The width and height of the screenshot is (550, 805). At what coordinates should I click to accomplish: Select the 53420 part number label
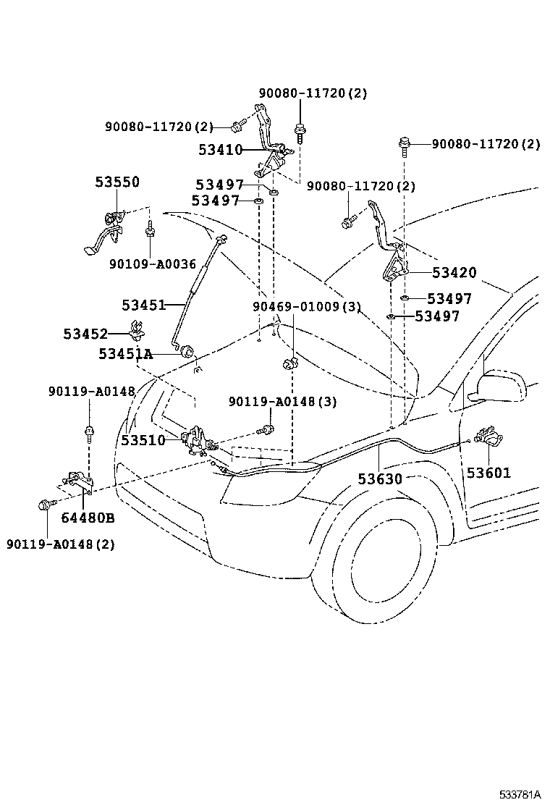(x=454, y=273)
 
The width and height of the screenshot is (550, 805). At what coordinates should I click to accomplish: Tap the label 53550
(x=117, y=182)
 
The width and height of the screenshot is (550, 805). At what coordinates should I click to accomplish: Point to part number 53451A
(x=126, y=354)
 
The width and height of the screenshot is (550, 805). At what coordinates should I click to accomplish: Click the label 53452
(x=85, y=334)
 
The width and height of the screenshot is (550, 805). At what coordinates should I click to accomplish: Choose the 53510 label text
(x=143, y=440)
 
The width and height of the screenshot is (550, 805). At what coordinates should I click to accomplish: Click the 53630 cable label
(x=379, y=479)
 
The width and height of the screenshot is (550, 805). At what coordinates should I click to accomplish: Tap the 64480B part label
(x=88, y=518)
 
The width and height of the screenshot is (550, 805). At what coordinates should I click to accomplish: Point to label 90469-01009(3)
(x=306, y=307)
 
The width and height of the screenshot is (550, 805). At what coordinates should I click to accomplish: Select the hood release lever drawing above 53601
(x=488, y=437)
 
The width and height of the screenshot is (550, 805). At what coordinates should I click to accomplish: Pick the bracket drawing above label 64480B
(x=77, y=481)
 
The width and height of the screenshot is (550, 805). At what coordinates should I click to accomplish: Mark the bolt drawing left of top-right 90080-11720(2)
(x=402, y=146)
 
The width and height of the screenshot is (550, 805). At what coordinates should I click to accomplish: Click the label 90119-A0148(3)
(x=282, y=402)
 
